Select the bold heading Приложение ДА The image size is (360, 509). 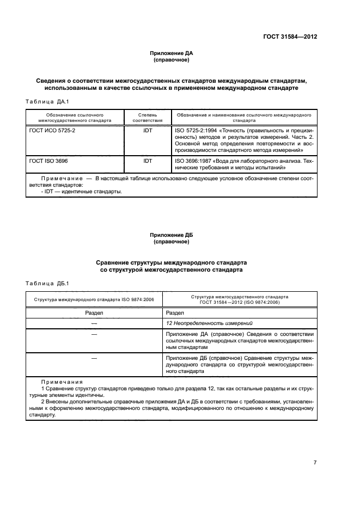172,53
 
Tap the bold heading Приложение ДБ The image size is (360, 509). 172,235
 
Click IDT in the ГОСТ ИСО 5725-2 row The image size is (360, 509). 147,131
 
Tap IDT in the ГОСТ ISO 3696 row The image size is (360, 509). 147,162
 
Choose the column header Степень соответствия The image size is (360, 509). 147,118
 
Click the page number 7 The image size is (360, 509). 315,462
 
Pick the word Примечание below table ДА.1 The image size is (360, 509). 60,179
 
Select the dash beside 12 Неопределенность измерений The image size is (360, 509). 94,323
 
